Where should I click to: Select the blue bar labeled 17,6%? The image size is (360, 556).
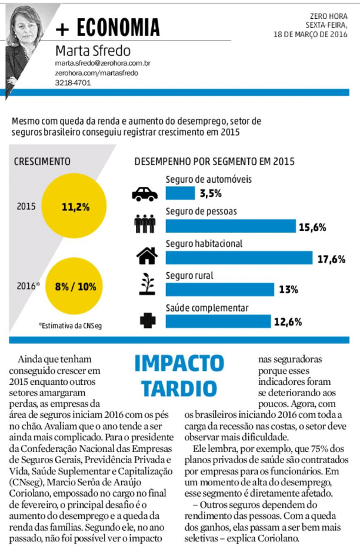coord(239,257)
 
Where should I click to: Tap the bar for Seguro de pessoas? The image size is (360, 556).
coord(231,226)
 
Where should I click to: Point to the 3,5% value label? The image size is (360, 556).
coord(210,193)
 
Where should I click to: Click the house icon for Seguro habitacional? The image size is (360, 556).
coord(146,256)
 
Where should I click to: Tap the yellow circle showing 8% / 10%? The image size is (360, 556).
coord(75,287)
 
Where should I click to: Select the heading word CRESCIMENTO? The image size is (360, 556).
coord(42,161)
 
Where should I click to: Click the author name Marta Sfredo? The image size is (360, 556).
coord(93,51)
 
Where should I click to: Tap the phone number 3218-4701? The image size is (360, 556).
coord(73,83)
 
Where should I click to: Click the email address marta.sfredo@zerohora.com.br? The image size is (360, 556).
coord(103,62)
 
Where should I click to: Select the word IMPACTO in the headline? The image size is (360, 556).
coord(179,364)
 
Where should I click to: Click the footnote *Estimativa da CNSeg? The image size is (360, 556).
coord(70,324)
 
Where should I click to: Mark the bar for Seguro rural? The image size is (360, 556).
coord(220,289)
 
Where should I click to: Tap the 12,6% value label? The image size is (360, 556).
coord(288,321)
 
